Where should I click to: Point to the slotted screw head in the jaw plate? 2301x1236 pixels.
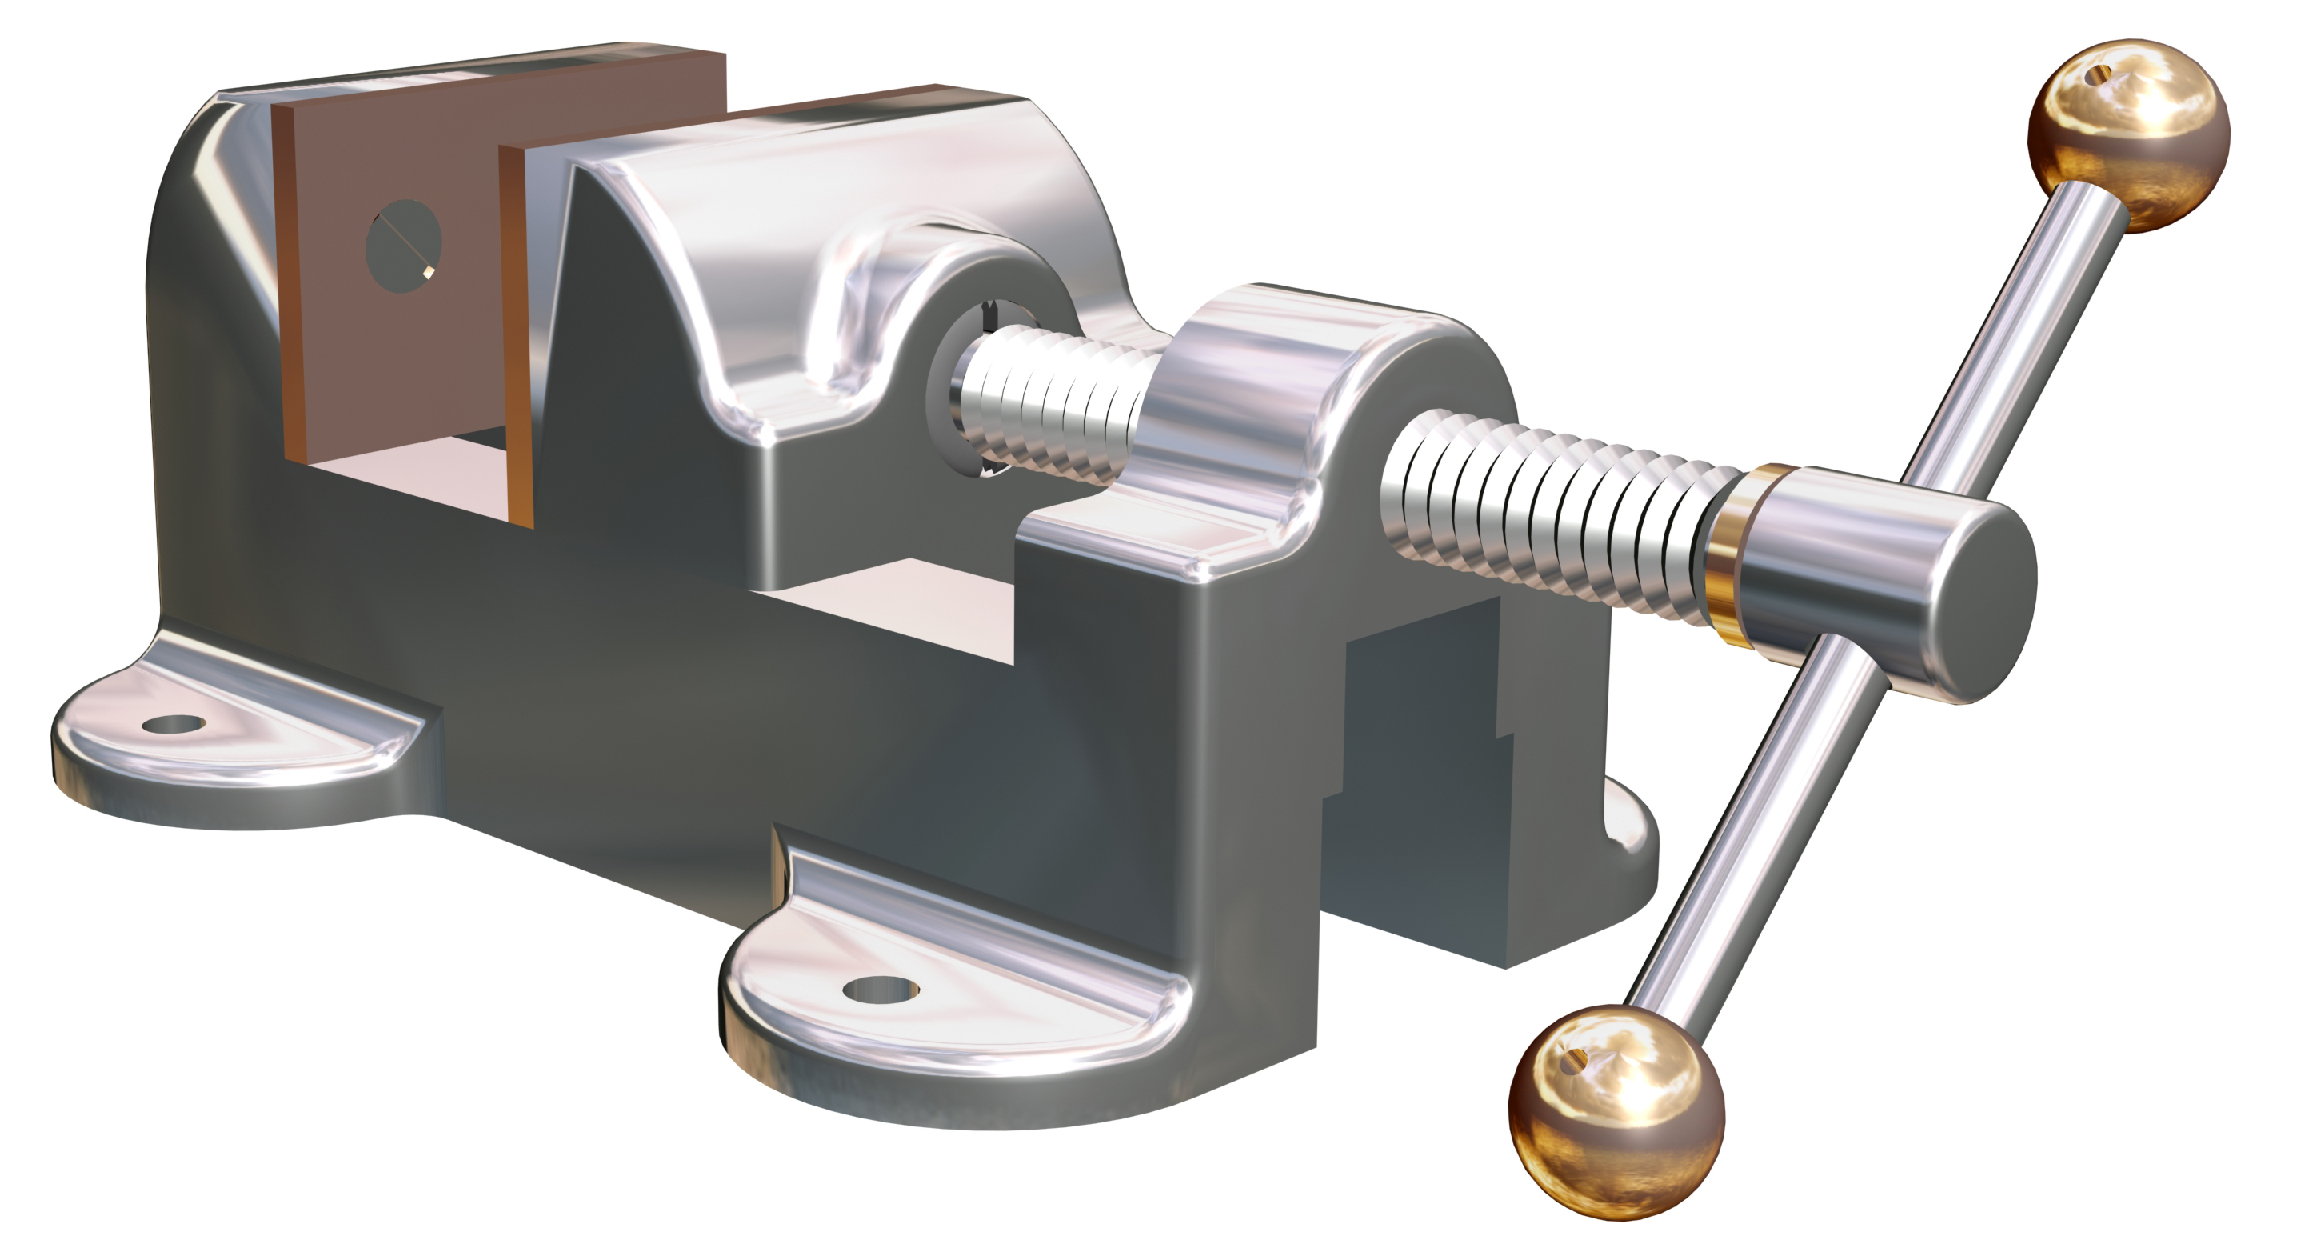tap(404, 245)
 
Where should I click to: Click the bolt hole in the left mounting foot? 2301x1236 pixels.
tap(174, 723)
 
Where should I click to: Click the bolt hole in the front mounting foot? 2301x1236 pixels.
tap(880, 989)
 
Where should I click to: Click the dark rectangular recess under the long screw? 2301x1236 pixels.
tap(1420, 715)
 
